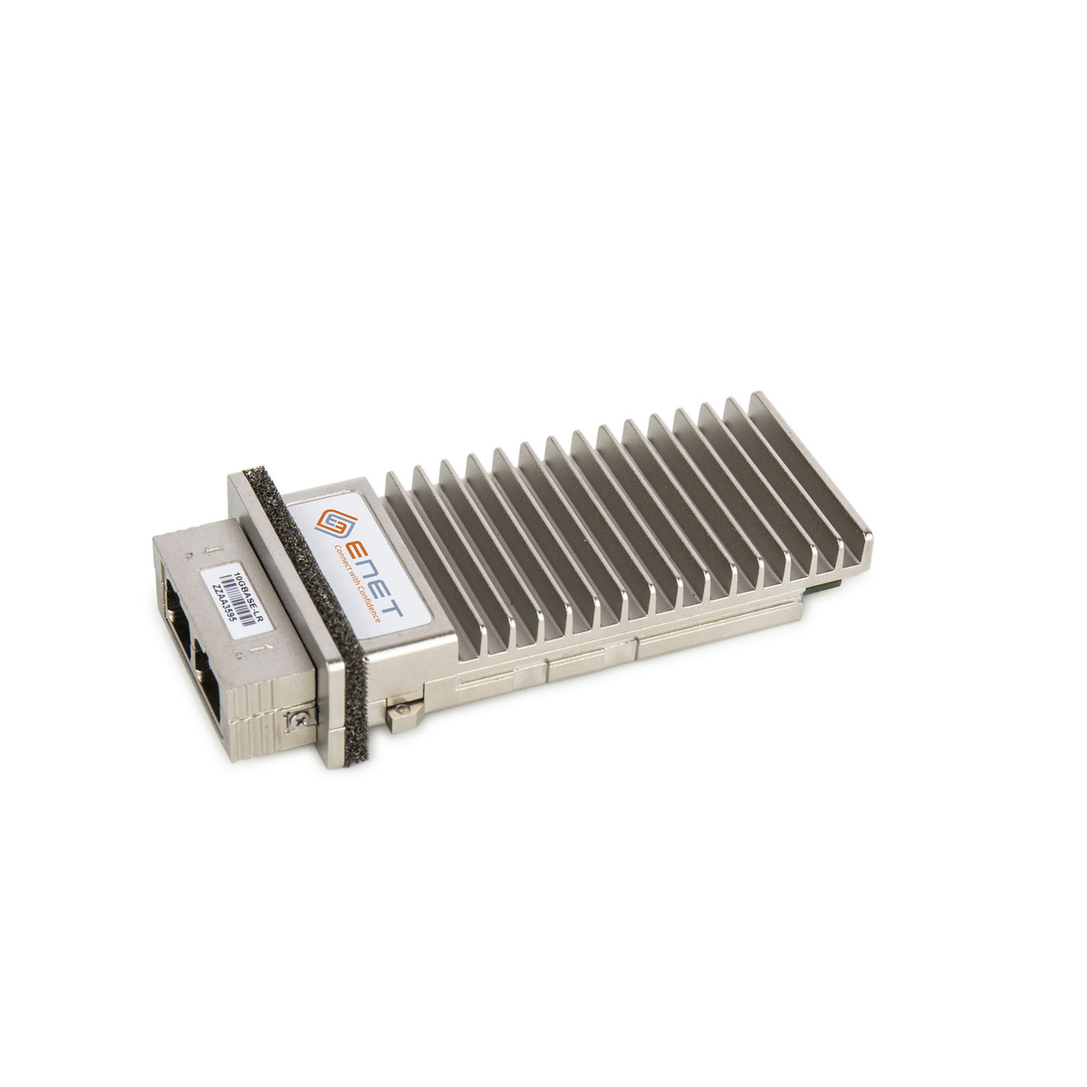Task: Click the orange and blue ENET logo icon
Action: (x=335, y=524)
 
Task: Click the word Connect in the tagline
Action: (x=343, y=562)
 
